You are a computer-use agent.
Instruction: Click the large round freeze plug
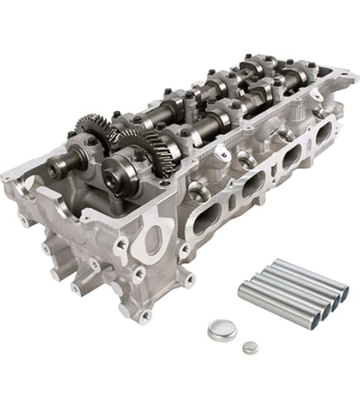pyautogui.click(x=221, y=329)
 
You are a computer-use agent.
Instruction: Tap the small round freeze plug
pyautogui.click(x=249, y=348)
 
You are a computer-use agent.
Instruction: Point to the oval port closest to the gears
pyautogui.click(x=207, y=217)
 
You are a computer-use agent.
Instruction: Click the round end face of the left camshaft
pyautogui.click(x=56, y=169)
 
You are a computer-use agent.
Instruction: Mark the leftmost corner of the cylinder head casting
pyautogui.click(x=5, y=176)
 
